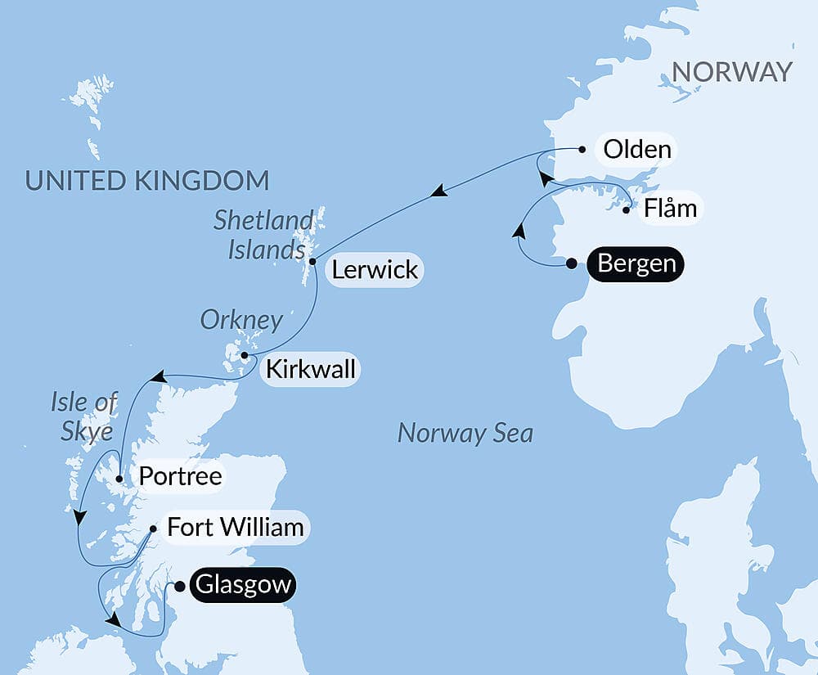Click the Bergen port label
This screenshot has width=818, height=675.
(x=636, y=264)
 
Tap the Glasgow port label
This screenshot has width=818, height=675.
(x=242, y=586)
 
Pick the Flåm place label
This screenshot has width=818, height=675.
(x=669, y=209)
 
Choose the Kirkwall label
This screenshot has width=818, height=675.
(x=308, y=369)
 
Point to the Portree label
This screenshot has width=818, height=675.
(x=180, y=476)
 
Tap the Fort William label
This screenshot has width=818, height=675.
(x=235, y=527)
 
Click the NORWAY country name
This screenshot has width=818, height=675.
(x=731, y=72)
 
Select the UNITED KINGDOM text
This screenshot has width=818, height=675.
(x=147, y=179)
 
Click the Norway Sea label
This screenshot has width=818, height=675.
(x=465, y=433)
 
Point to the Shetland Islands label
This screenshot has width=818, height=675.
(x=264, y=234)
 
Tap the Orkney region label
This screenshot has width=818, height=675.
(x=243, y=320)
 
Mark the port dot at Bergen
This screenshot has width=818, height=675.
(x=572, y=263)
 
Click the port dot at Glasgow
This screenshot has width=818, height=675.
(x=180, y=586)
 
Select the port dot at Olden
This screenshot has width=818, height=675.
(x=582, y=150)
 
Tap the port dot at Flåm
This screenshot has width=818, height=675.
(x=626, y=210)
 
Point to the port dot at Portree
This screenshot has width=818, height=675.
(x=119, y=479)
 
